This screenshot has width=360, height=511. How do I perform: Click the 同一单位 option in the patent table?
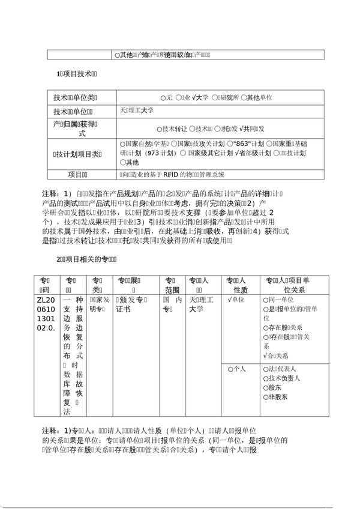coord(280,299)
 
